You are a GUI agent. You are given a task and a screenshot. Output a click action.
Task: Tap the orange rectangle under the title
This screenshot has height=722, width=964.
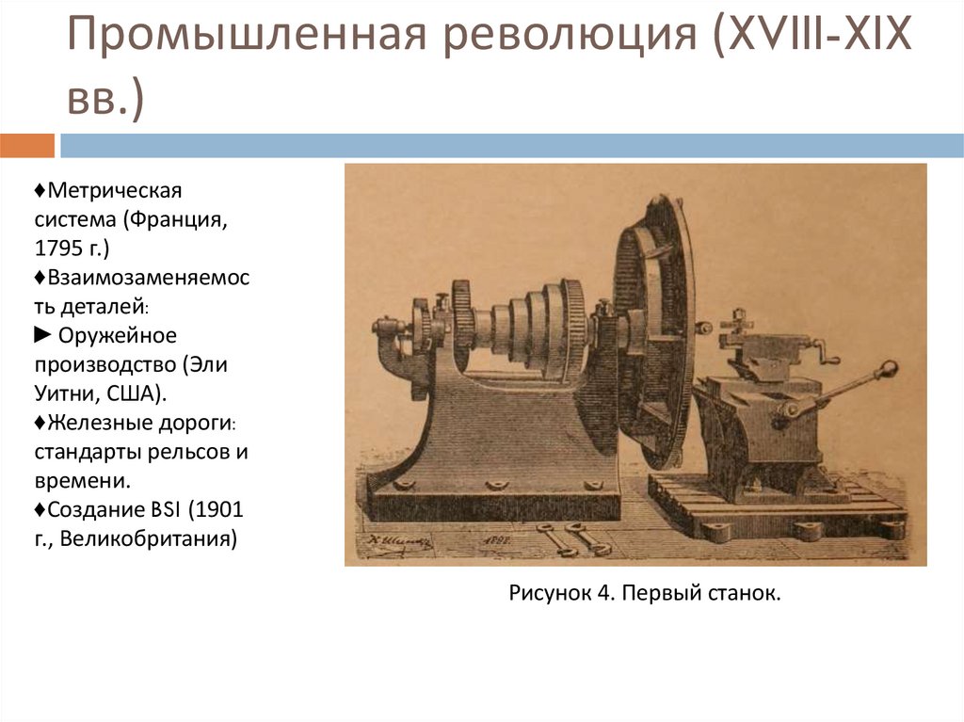tap(27, 146)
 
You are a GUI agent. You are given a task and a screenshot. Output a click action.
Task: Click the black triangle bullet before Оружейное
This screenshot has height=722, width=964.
tap(43, 336)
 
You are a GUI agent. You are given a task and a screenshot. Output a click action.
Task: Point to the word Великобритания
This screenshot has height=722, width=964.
tap(148, 539)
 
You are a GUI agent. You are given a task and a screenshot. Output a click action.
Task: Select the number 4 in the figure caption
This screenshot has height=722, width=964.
tap(594, 594)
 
